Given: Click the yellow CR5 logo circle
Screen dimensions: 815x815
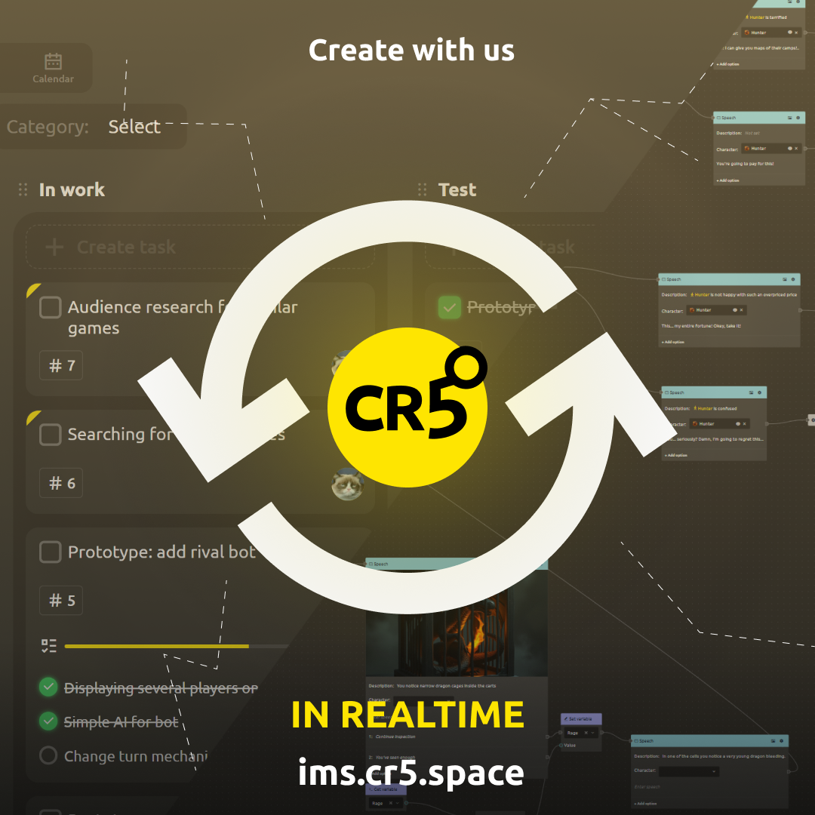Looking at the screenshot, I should point(407,407).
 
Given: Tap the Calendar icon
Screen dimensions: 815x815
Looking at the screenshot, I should point(53,62).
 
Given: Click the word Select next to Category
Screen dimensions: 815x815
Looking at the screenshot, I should point(134,127).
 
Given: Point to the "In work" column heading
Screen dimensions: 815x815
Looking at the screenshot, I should point(72,189).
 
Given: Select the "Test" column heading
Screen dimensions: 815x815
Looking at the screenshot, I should point(457,189).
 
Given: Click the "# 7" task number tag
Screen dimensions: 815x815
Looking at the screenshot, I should point(62,366).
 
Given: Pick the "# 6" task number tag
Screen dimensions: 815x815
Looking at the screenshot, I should point(62,483).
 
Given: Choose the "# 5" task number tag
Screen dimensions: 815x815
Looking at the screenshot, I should point(62,601).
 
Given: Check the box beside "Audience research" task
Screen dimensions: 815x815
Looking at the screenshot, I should point(51,307).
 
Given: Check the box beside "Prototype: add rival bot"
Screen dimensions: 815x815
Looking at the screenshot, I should point(51,552).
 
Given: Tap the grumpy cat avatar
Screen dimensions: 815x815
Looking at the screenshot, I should point(347,483).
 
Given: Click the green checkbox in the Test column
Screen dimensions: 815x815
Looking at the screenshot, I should point(450,307).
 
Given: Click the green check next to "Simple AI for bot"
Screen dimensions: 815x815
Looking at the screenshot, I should point(48,721).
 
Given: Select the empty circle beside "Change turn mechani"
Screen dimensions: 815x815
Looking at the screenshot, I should point(48,755).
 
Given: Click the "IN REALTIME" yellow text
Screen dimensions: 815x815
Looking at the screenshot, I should point(407,715).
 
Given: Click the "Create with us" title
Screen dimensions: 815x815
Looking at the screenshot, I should point(411,51).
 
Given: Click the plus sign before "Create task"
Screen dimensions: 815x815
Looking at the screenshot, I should point(54,247).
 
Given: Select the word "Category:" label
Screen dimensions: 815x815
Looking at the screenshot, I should point(48,127).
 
